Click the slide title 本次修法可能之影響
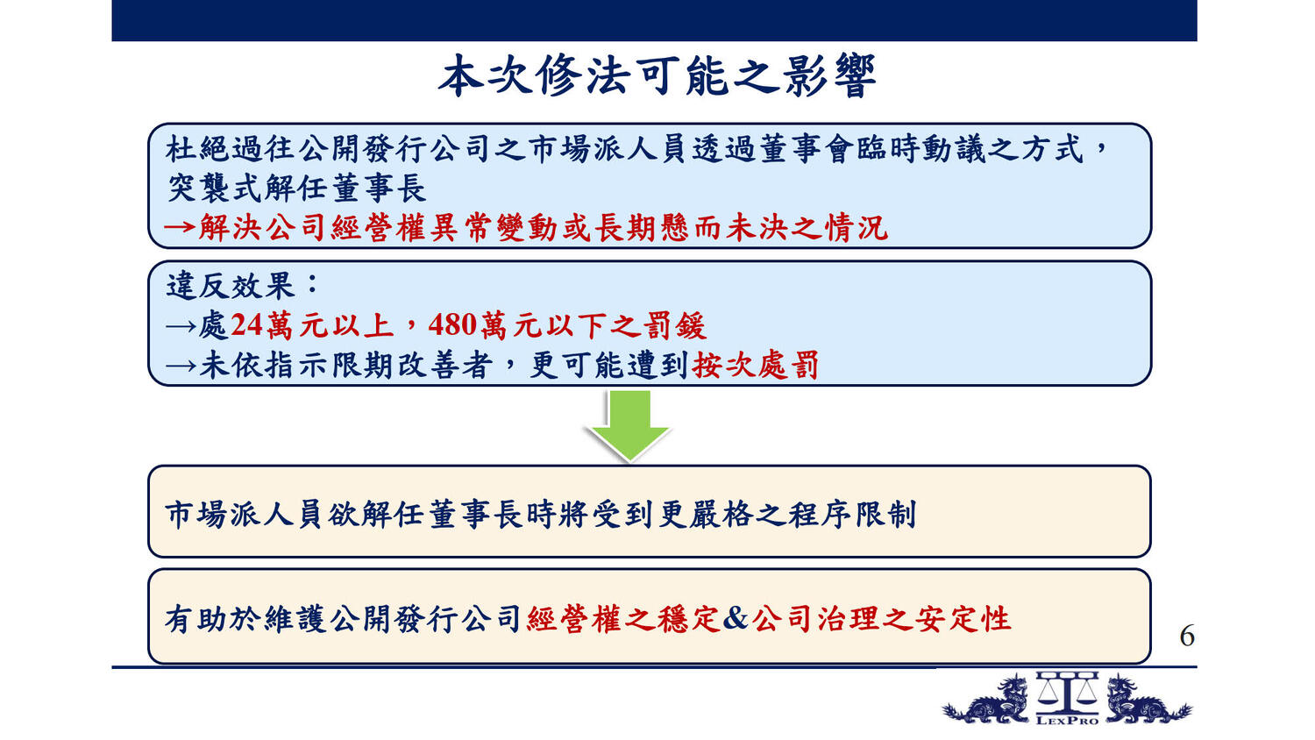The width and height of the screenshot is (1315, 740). pos(657,76)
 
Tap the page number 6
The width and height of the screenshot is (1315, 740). pos(1186,636)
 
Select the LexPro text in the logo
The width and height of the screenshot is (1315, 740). pos(1067,720)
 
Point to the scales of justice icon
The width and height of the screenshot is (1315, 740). pos(1067,692)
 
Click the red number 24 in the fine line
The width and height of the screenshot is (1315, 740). pos(246,324)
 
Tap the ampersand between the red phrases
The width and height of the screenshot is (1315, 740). pos(735,618)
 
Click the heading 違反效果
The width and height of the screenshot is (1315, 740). pos(230,286)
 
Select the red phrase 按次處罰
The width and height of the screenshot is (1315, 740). pos(756,365)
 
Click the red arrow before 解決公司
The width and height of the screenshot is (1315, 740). pos(180,227)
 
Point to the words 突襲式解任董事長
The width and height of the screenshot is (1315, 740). pos(297,188)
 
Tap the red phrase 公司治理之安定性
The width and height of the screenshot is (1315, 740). pos(882,618)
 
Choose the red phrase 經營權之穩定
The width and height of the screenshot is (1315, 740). pos(623,618)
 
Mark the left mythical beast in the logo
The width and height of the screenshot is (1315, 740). pos(986,701)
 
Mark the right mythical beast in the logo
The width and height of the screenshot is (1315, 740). pos(1148,701)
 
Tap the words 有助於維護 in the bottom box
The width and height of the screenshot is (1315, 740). pos(245,618)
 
